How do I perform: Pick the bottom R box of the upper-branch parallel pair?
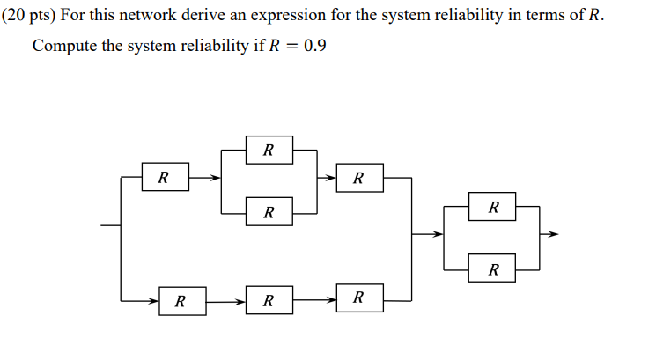tap(269, 212)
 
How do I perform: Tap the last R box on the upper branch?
tap(357, 178)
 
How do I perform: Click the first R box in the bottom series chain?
tap(181, 301)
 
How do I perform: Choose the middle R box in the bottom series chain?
tap(269, 301)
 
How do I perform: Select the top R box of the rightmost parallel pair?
tap(493, 208)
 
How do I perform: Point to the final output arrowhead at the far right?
tap(553, 235)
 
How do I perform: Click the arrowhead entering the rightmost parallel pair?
tap(440, 235)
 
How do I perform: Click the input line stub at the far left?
tap(111, 225)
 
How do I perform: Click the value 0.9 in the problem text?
tap(314, 47)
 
